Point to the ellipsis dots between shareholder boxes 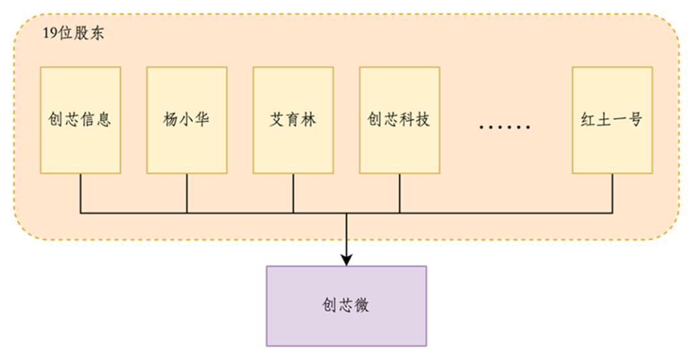(505, 127)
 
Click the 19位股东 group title (73, 34)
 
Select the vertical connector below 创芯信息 (80, 193)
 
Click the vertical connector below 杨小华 (187, 193)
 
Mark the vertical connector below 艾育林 (293, 193)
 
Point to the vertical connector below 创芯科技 (399, 193)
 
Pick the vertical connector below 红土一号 (612, 193)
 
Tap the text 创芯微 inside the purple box (346, 305)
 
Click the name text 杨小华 (186, 120)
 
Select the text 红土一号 (612, 120)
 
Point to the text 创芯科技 (398, 120)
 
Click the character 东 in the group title (96, 34)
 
